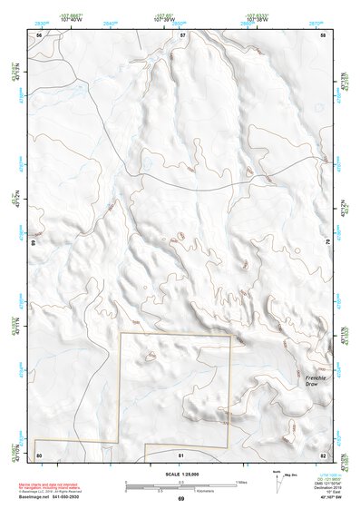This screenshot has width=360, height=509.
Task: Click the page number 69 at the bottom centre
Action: pyautogui.click(x=180, y=499)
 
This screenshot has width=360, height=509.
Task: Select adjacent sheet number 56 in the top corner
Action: pyautogui.click(x=39, y=34)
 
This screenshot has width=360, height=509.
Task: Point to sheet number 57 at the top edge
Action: pyautogui.click(x=182, y=34)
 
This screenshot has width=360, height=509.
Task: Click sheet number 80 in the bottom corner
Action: pyautogui.click(x=39, y=454)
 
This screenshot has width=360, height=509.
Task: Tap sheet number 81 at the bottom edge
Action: pyautogui.click(x=181, y=454)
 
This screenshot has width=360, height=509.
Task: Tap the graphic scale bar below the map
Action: pyautogui.click(x=181, y=486)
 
